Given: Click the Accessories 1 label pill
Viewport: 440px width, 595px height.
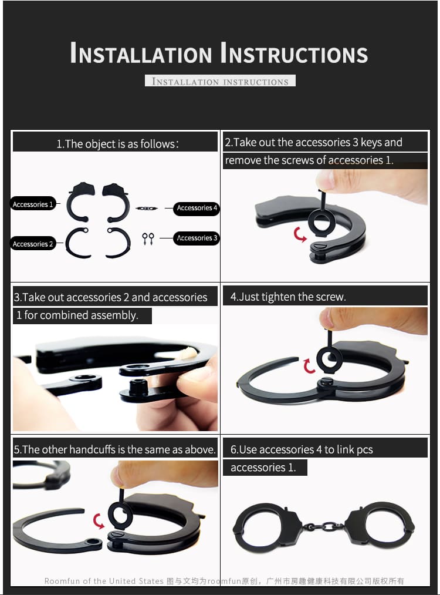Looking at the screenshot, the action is coord(33,204).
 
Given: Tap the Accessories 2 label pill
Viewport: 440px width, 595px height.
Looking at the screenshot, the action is coord(33,244).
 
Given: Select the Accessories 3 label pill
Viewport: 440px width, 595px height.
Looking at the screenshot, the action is coord(197,238).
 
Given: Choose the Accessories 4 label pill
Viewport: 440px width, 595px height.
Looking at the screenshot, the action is coord(197,208).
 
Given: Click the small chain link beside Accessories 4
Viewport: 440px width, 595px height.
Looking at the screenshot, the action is coord(147,209).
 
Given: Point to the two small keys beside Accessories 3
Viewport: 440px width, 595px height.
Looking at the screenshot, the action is coord(148,238).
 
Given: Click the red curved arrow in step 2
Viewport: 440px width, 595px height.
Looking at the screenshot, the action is coord(300,235).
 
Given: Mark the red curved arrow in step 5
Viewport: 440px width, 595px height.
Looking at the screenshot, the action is coord(99,521).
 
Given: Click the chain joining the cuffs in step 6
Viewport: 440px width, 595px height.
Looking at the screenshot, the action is coord(323,527).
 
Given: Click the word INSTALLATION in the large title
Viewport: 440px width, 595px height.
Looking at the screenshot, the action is coord(141,53).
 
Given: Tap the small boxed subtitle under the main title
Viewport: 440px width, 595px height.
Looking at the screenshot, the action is coord(220,81).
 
